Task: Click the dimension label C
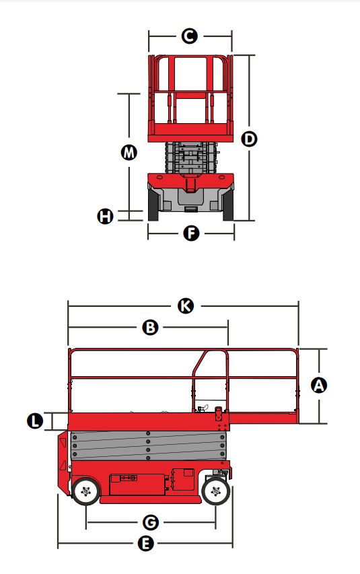coord(189,36)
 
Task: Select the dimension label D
coord(250,139)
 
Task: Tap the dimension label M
coord(129,152)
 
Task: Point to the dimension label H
coord(105,216)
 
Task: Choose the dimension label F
coord(191,234)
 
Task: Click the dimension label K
coord(186,306)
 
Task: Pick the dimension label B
coord(150,327)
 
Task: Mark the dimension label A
coord(319,386)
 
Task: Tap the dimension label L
coord(35,421)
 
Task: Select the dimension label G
coord(151,522)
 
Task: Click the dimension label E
coord(145,544)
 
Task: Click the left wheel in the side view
coord(85,491)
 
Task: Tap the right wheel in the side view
coord(216,491)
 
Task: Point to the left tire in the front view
coord(153,205)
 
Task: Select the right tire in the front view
coord(228,205)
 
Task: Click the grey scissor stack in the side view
coord(148,446)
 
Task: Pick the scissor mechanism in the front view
coord(191,157)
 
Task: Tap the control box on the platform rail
coord(219,414)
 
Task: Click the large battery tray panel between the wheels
coord(137,485)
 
